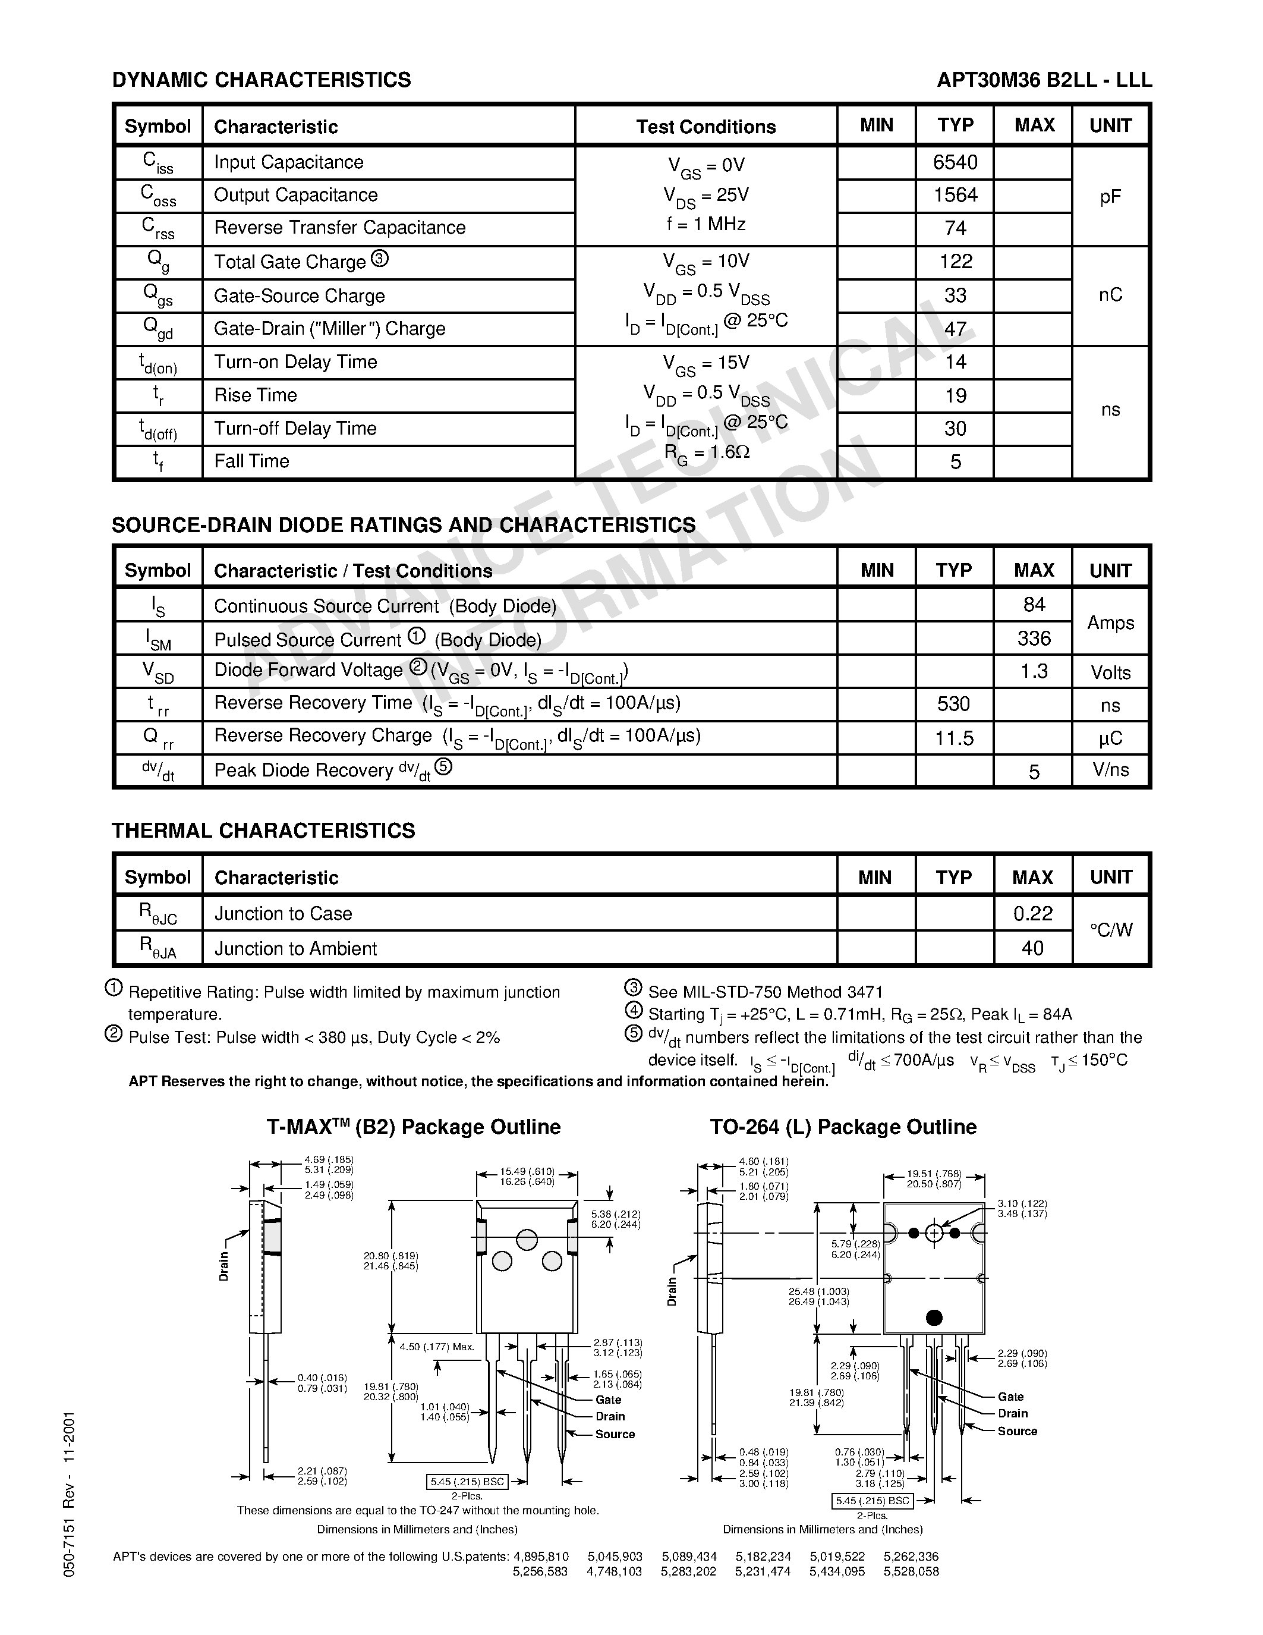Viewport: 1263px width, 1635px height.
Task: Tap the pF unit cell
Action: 1110,196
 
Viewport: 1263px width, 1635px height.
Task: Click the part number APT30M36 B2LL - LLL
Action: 1044,80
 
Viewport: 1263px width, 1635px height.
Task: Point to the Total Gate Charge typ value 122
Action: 956,262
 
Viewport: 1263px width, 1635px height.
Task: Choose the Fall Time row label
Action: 251,461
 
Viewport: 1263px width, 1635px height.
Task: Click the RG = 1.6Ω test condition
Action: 706,452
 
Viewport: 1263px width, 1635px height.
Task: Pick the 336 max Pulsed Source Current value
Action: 1034,639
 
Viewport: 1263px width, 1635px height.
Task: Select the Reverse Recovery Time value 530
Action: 953,705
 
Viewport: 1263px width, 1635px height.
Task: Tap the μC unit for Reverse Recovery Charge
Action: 1110,738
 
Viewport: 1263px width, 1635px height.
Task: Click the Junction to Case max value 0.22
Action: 1032,913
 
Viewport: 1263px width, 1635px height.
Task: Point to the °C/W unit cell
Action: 1111,930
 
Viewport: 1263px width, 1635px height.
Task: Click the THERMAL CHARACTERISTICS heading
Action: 263,831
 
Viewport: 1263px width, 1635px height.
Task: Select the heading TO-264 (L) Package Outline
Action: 843,1127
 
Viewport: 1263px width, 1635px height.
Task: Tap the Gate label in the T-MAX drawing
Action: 608,1400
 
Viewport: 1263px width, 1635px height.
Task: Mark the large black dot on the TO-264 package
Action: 934,1318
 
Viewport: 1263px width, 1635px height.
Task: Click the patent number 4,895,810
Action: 541,1557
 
